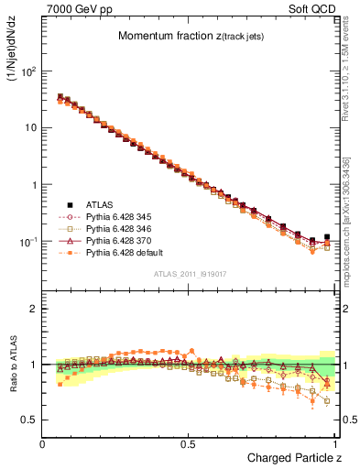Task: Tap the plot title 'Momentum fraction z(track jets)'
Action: [191, 36]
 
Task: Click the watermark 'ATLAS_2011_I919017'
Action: [191, 272]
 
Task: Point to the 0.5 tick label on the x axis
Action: [189, 443]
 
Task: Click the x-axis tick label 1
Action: [334, 443]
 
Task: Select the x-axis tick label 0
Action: [43, 443]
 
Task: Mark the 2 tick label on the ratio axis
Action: [30, 309]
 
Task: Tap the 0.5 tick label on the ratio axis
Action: [27, 420]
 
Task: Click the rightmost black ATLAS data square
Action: [327, 236]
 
